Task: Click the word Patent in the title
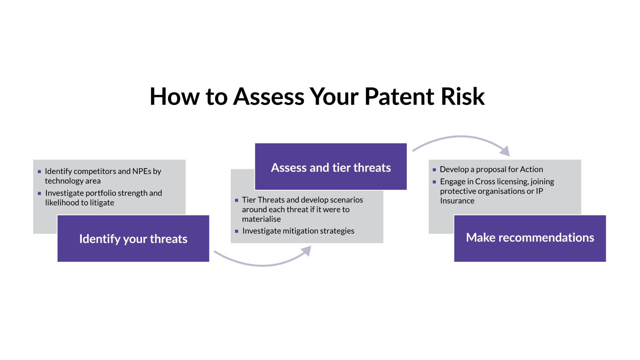[399, 96]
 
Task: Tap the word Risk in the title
[463, 96]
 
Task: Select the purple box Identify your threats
[133, 238]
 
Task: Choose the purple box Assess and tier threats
[331, 167]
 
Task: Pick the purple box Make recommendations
[530, 238]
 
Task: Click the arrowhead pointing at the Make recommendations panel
[506, 151]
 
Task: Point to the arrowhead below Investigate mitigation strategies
[307, 251]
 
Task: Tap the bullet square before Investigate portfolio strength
[39, 193]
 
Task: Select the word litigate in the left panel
[102, 203]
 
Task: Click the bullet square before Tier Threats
[237, 200]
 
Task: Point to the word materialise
[261, 219]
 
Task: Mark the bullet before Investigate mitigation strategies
[237, 231]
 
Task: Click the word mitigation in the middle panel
[300, 231]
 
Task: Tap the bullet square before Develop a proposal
[434, 170]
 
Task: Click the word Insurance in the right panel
[457, 201]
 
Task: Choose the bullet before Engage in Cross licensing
[434, 182]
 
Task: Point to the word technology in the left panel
[64, 181]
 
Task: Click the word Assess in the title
[269, 96]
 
